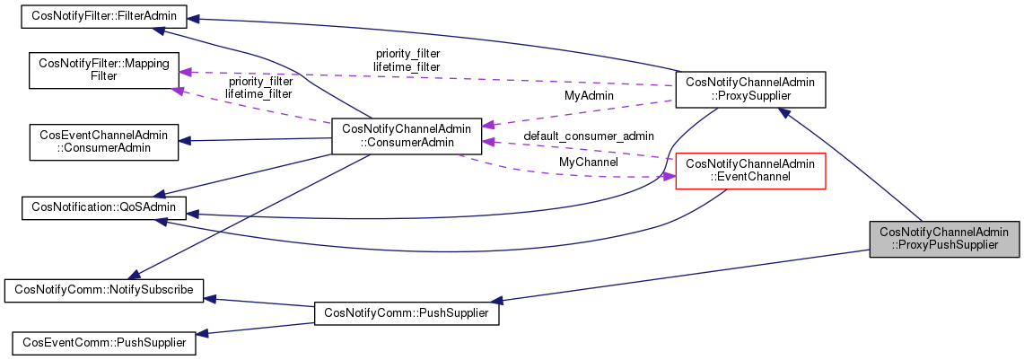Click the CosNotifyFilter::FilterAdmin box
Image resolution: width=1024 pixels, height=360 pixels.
103,16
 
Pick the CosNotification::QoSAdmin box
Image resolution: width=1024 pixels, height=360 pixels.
103,208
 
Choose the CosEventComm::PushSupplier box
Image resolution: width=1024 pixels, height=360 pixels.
103,342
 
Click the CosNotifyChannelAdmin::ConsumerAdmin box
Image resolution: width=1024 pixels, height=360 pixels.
407,135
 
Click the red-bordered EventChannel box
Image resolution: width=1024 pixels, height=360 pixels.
749,171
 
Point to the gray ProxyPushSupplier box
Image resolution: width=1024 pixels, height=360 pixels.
945,238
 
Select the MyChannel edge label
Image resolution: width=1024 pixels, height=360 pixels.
588,162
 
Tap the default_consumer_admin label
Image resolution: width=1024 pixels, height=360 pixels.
588,136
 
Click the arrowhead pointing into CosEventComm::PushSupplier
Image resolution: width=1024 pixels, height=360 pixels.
203,334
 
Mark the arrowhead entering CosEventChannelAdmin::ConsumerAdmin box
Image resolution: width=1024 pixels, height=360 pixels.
184,140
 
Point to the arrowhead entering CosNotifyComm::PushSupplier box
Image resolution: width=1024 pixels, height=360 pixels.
493,300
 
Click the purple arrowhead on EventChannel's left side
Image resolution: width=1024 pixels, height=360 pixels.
668,177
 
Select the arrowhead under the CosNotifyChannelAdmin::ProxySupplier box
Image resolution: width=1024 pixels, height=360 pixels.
784,113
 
